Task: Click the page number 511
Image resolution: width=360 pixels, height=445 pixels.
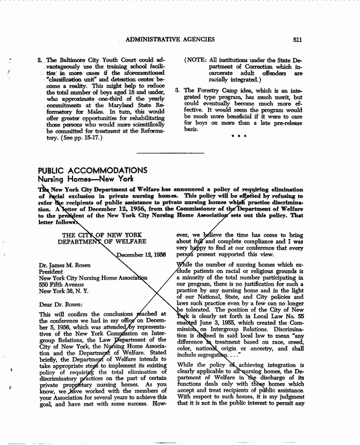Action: pyautogui.click(x=297, y=40)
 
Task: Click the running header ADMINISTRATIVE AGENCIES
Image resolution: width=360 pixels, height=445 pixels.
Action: pyautogui.click(x=170, y=40)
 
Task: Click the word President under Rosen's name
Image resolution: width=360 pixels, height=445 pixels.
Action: pyautogui.click(x=51, y=272)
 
